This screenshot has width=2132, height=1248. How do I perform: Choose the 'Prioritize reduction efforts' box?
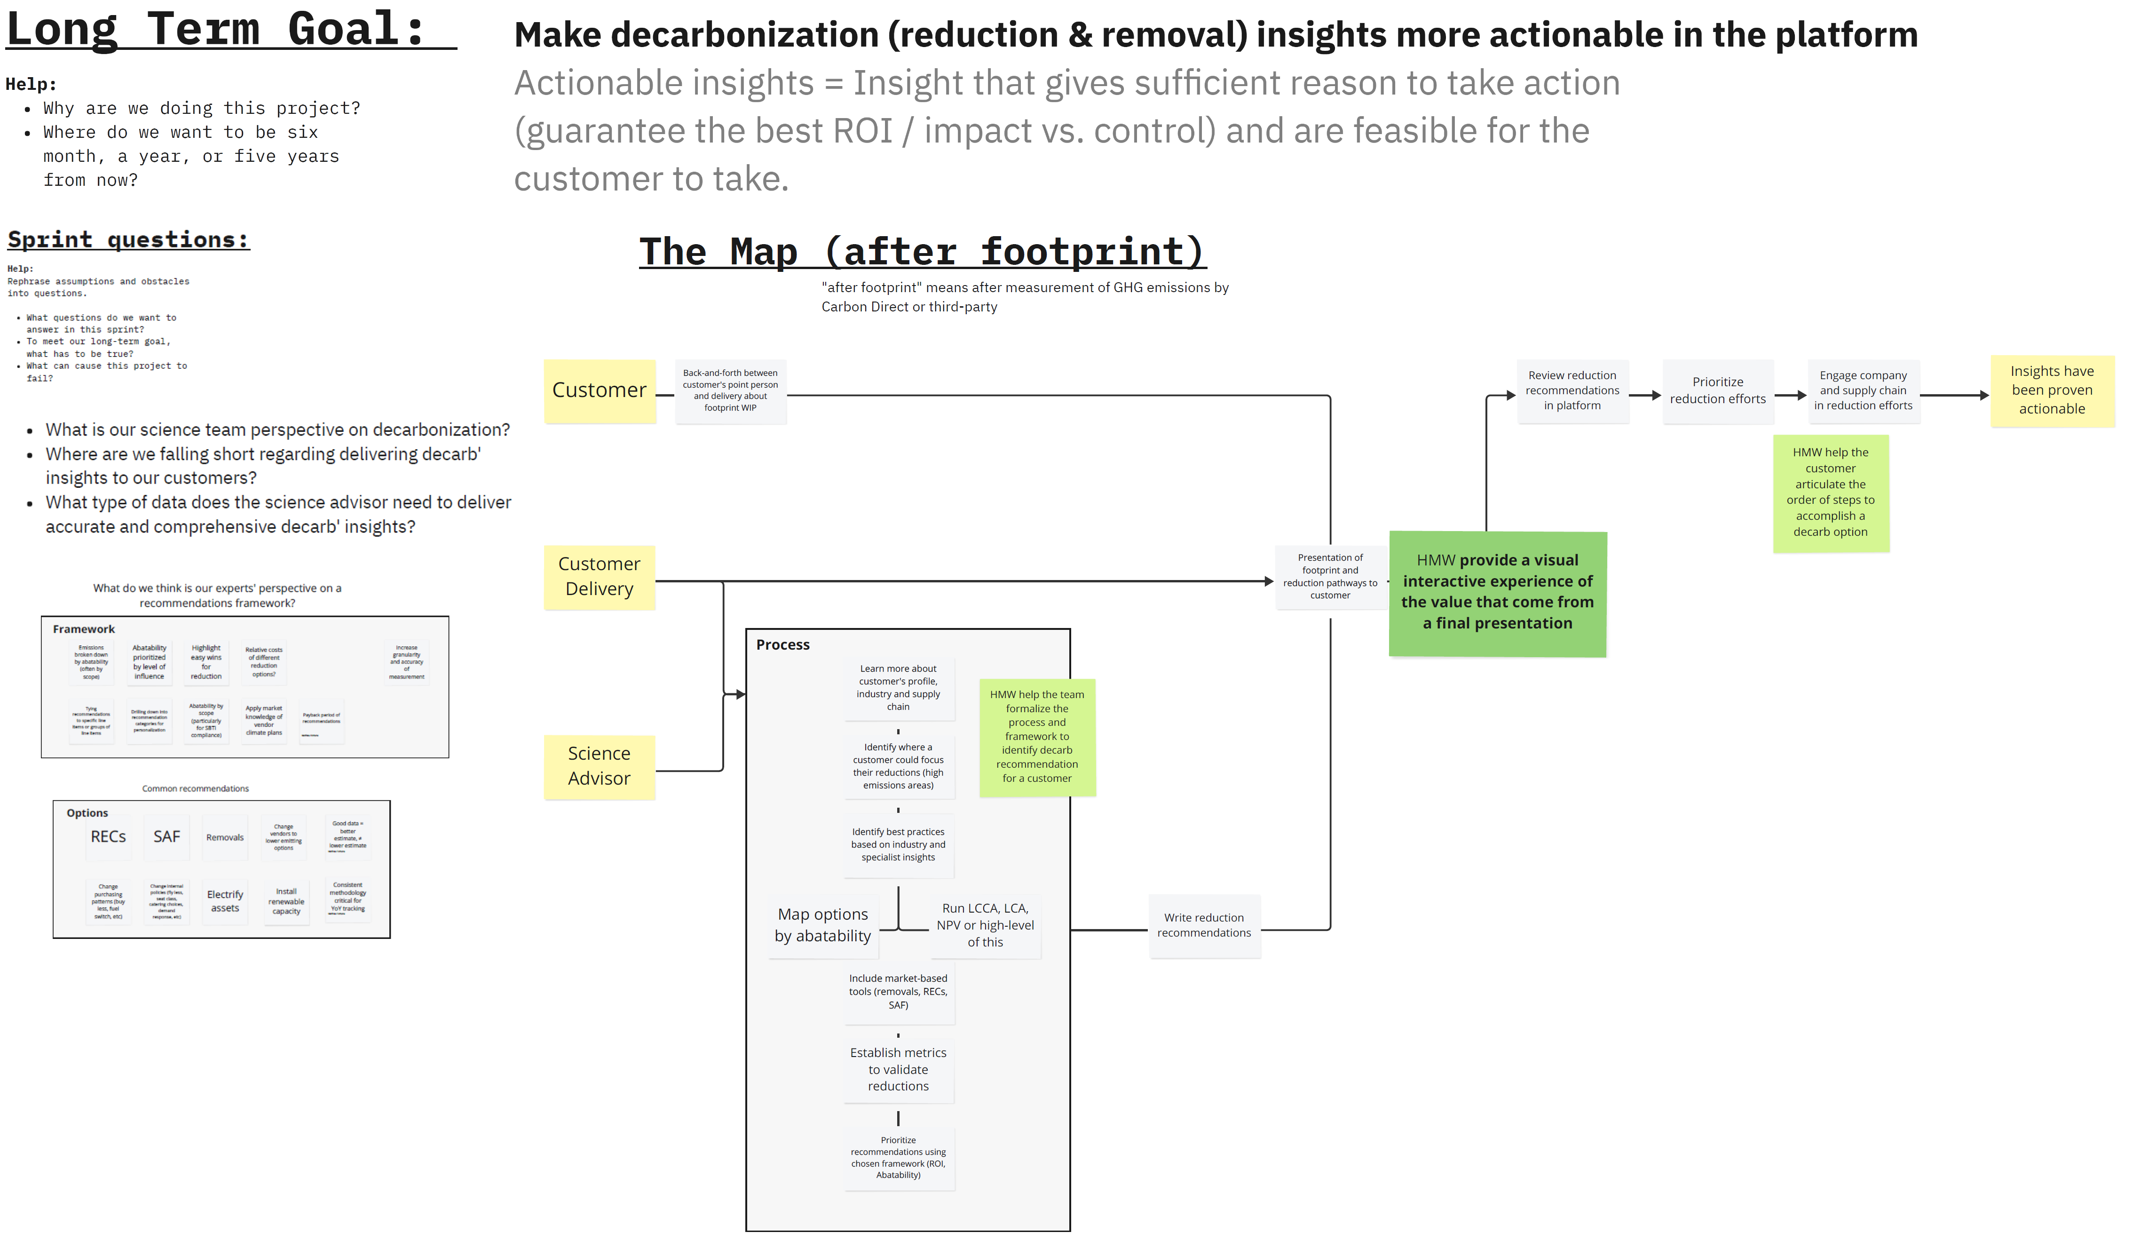(x=1717, y=391)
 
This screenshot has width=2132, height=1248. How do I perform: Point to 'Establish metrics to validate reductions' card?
(x=898, y=1069)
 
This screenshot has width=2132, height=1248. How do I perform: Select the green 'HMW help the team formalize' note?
(x=1037, y=736)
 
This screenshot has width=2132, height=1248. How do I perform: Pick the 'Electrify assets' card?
(x=225, y=901)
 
